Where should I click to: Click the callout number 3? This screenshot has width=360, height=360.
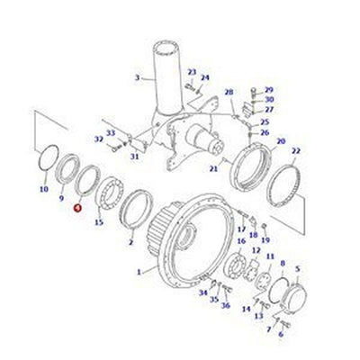coord(138,77)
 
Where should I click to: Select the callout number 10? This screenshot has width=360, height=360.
coord(44,190)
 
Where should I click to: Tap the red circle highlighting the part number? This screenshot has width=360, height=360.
coord(77,207)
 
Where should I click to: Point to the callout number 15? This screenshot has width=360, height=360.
coord(99,221)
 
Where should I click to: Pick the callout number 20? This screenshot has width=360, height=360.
coord(281,141)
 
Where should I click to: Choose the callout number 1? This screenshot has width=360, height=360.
coord(138,270)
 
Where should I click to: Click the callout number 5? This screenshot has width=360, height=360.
coord(299,267)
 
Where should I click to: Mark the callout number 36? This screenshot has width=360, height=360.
coord(225,305)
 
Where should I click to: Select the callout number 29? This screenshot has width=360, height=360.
coord(269,89)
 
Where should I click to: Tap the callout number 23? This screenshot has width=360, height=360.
coord(192,71)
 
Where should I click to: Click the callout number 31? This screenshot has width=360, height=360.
coord(133,157)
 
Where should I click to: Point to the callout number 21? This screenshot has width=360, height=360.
coord(212,168)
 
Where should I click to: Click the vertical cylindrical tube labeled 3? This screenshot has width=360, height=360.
coord(166,72)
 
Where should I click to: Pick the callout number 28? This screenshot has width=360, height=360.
coord(229,92)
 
